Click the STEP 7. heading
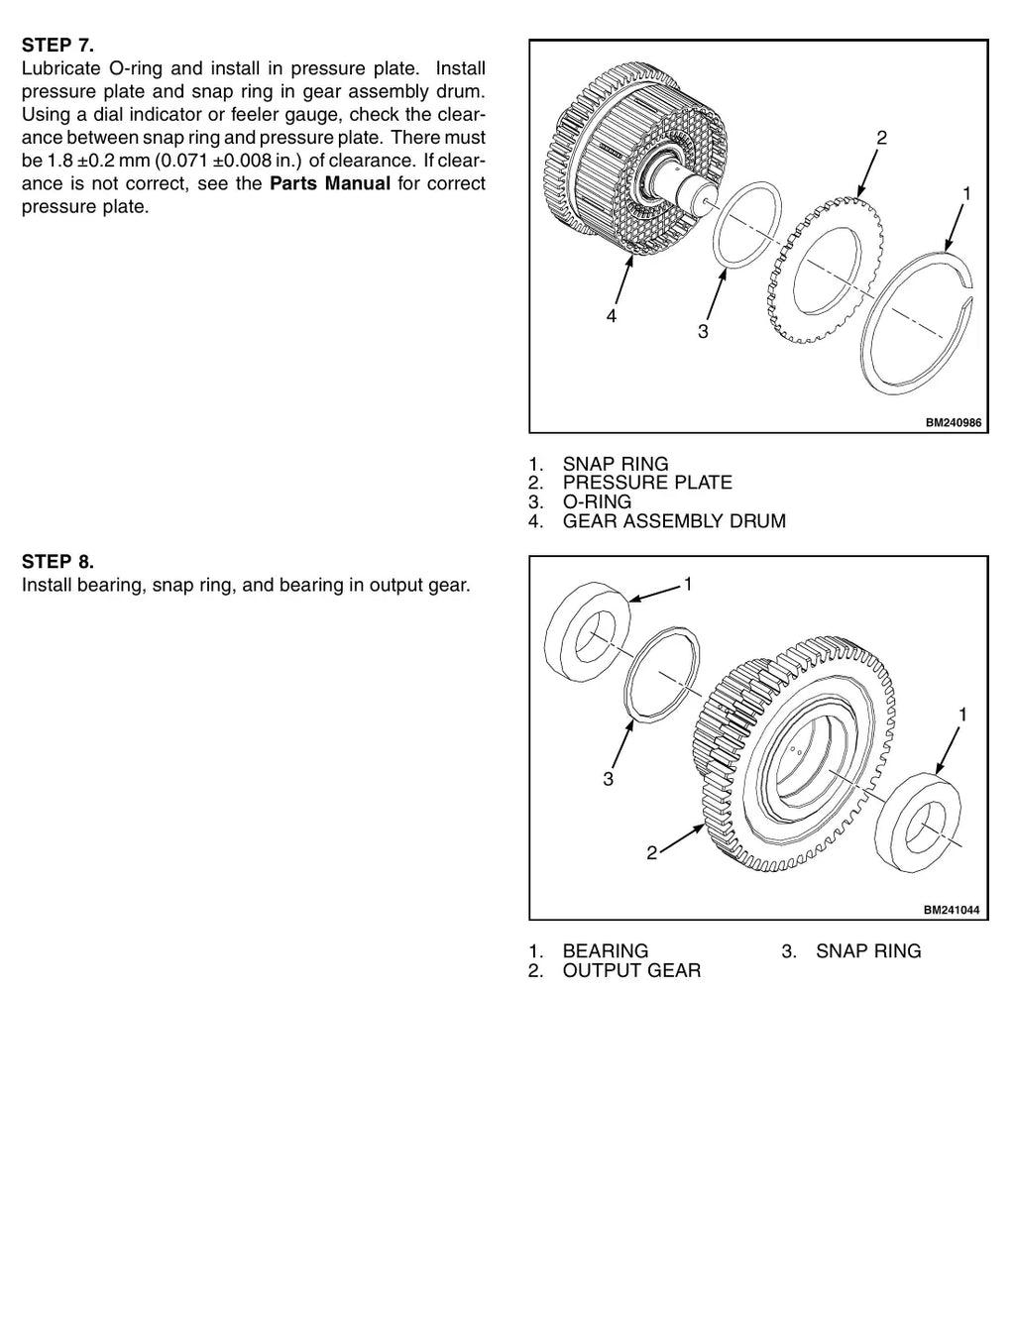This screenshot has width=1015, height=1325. pyautogui.click(x=57, y=46)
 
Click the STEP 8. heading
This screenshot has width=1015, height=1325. pyautogui.click(x=57, y=561)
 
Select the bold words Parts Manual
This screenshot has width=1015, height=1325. pyautogui.click(x=330, y=183)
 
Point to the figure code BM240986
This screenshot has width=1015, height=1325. pyautogui.click(x=954, y=423)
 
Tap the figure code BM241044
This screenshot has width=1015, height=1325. pyautogui.click(x=951, y=928)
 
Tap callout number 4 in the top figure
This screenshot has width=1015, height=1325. pyautogui.click(x=612, y=316)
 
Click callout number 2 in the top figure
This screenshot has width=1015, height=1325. pyautogui.click(x=881, y=138)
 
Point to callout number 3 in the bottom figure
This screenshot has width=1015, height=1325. pyautogui.click(x=608, y=779)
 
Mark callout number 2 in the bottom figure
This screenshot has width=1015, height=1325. pyautogui.click(x=651, y=852)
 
